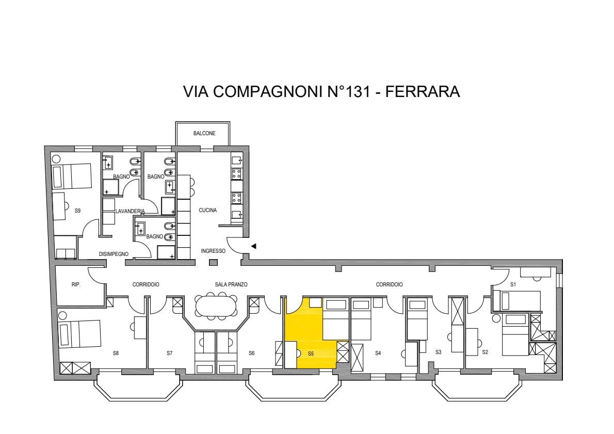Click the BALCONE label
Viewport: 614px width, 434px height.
coord(204,133)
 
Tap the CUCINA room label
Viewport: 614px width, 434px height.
coord(207,210)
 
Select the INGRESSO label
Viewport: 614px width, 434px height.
coord(213,251)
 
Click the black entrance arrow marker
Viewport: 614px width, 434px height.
coord(254,246)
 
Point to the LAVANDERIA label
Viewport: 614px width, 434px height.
coord(130,211)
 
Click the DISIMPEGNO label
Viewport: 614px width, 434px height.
coord(114,254)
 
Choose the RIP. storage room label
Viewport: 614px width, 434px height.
coord(76,285)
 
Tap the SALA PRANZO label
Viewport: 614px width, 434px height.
coord(231,284)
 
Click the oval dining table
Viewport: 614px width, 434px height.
coord(216,306)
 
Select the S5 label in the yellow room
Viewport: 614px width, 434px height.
coord(311,353)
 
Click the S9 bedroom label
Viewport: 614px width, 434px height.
coord(77,211)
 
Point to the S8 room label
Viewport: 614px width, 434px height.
coord(116,353)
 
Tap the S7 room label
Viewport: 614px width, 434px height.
coord(170,353)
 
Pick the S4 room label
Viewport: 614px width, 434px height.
coord(378,353)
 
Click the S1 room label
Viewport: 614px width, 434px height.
coord(513,285)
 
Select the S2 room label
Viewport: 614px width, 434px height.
coord(485,352)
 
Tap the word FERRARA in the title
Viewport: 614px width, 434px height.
coord(423,91)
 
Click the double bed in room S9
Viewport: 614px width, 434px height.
coord(72,176)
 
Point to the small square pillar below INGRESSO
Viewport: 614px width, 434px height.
coord(213,263)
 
